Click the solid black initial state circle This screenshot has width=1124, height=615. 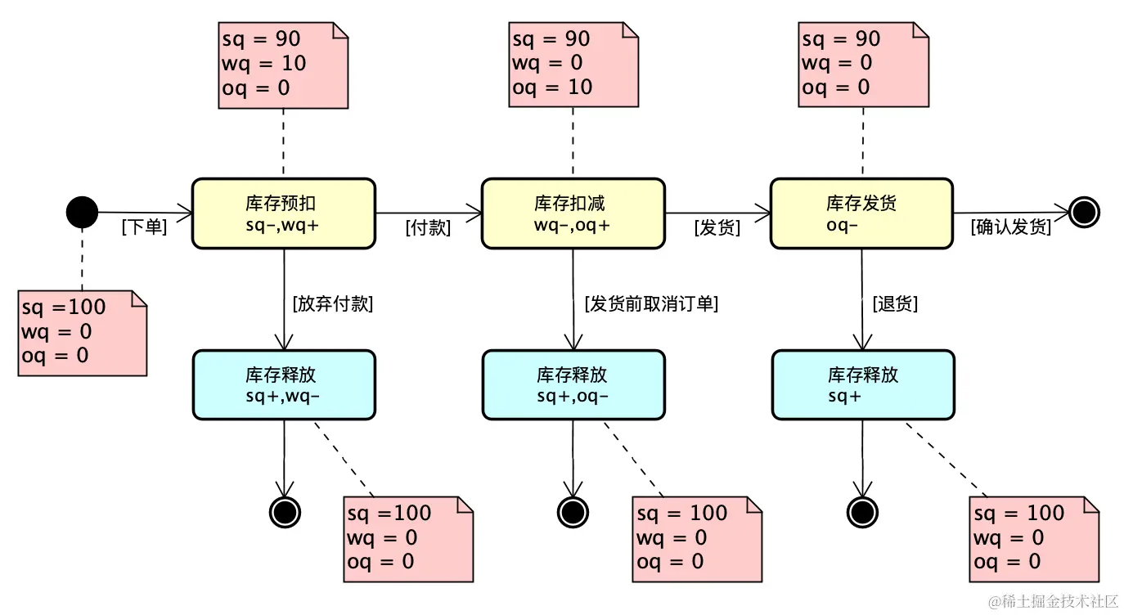click(x=82, y=213)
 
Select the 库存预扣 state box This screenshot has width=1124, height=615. click(x=283, y=213)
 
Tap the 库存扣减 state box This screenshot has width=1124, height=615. click(x=573, y=213)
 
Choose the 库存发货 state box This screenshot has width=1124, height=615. click(x=861, y=213)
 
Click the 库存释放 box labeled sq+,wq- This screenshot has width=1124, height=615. click(x=283, y=385)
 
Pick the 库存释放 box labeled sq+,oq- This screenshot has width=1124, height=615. click(x=573, y=385)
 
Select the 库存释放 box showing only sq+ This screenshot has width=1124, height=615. click(x=862, y=385)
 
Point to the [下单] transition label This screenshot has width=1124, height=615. click(x=144, y=228)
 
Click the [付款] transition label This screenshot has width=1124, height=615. click(x=428, y=228)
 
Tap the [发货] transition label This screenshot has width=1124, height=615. click(x=717, y=228)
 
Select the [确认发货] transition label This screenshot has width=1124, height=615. click(x=1010, y=228)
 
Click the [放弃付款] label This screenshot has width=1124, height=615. click(x=332, y=304)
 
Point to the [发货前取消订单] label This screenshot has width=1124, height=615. click(x=651, y=304)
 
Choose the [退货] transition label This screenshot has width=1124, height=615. click(x=895, y=304)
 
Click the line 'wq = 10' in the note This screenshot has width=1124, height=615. click(x=263, y=63)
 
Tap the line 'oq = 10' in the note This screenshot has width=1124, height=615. click(x=552, y=88)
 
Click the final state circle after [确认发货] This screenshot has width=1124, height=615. click(x=1085, y=213)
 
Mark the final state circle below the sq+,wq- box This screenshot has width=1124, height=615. click(x=284, y=512)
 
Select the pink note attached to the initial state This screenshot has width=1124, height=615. click(x=82, y=332)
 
